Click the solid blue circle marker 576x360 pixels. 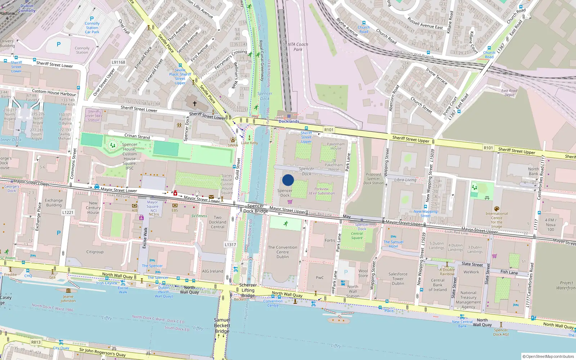pyautogui.click(x=288, y=180)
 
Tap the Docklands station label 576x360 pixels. pyautogui.click(x=289, y=121)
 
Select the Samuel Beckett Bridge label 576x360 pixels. pyautogui.click(x=222, y=325)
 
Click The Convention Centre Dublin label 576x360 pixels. pyautogui.click(x=283, y=252)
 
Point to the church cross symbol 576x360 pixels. pyautogui.click(x=195, y=104)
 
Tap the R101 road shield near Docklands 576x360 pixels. pyautogui.click(x=329, y=130)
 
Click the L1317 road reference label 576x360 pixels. pyautogui.click(x=230, y=244)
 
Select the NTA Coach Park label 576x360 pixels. pyautogui.click(x=298, y=47)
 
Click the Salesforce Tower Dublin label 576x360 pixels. pyautogui.click(x=398, y=279)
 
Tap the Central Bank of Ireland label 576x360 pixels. pyautogui.click(x=438, y=285)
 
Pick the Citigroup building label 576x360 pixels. pyautogui.click(x=95, y=252)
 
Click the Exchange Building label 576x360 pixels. pyautogui.click(x=54, y=203)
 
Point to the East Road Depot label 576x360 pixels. pyautogui.click(x=509, y=93)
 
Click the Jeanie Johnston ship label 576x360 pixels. pyautogui.click(x=68, y=299)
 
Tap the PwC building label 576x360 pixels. pyautogui.click(x=320, y=278)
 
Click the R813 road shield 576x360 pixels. pyautogui.click(x=36, y=342)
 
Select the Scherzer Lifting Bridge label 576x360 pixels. pyautogui.click(x=248, y=290)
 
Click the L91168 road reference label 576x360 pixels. pyautogui.click(x=118, y=62)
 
